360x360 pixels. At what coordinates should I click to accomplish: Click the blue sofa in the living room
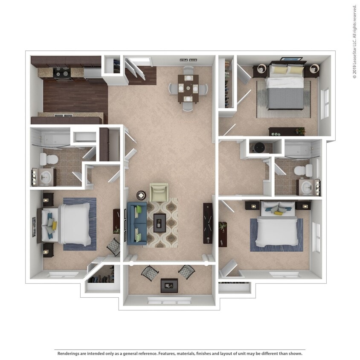[x=136, y=223]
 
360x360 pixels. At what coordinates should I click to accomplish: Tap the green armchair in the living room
[x=159, y=192]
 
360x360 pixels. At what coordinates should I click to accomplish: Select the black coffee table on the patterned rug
[x=160, y=223]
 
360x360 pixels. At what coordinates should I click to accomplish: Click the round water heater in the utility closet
[x=259, y=148]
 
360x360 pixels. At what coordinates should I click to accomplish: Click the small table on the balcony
[x=169, y=285]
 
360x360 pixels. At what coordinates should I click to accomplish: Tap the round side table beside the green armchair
[x=141, y=195]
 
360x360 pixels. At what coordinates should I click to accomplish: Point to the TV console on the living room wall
[x=208, y=223]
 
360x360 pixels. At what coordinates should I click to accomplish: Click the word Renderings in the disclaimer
[x=70, y=354]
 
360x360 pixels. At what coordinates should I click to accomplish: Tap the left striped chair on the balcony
[x=150, y=272]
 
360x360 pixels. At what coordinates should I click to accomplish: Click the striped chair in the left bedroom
[x=113, y=247]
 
